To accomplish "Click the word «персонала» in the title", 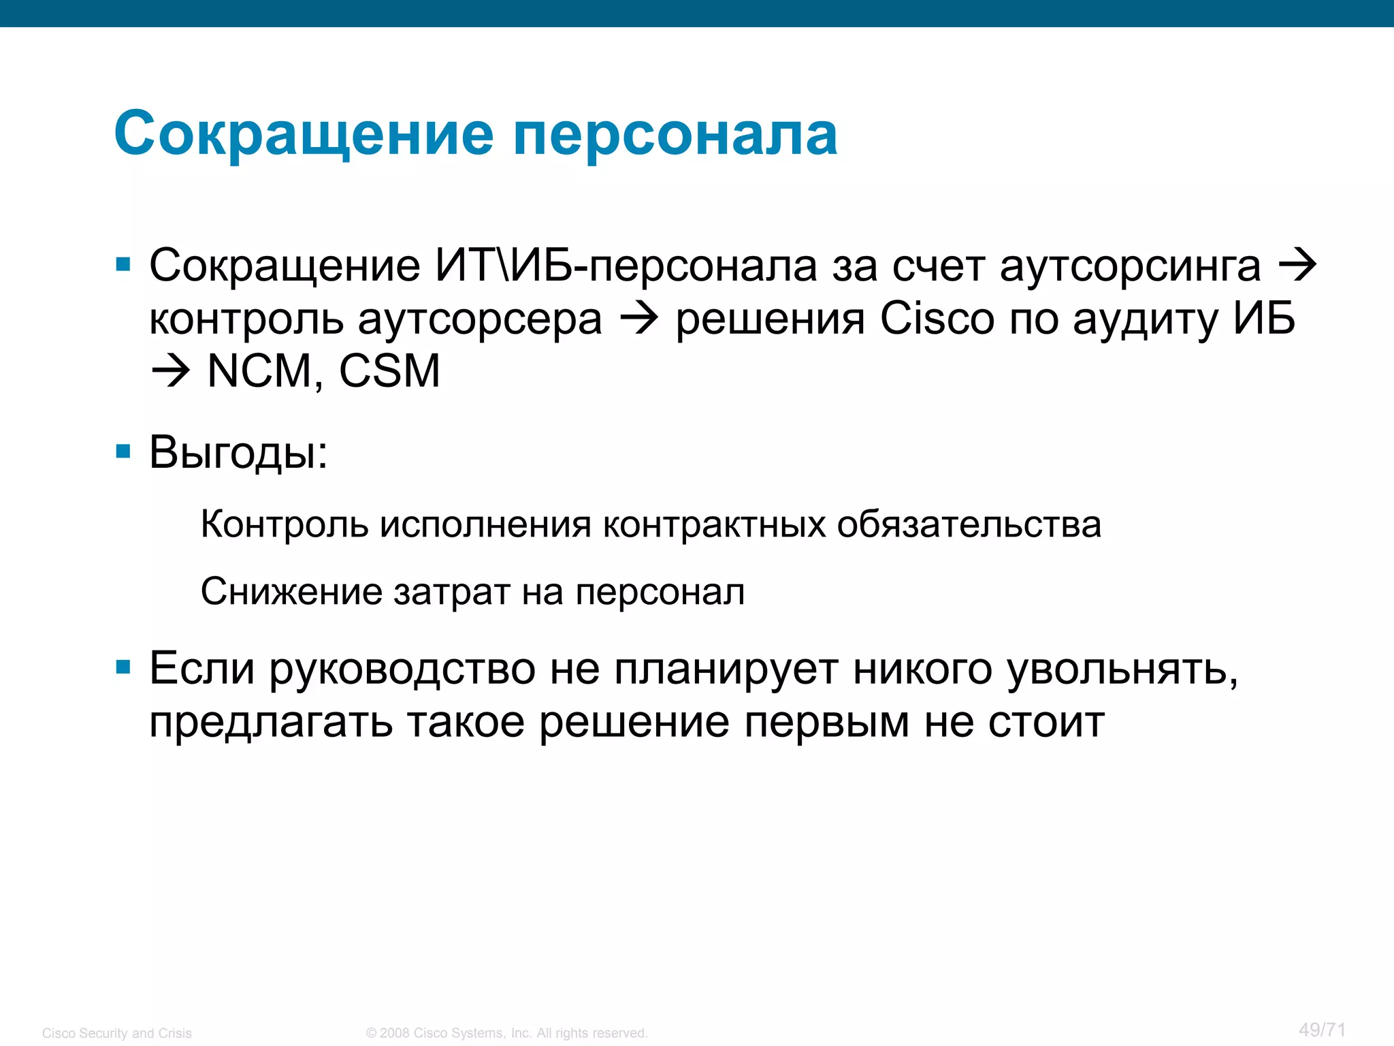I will [675, 135].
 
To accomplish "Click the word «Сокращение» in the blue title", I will [304, 135].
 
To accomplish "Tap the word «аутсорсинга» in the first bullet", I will [1130, 266].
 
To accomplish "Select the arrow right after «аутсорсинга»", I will [1298, 266].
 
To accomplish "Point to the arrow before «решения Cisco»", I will [638, 319].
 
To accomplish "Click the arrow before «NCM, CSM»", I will [170, 372].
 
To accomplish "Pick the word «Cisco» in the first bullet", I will [937, 319].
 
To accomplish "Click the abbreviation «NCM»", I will [259, 372].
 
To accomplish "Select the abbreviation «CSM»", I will [389, 372].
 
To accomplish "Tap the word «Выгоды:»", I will [238, 452].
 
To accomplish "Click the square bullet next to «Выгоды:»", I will [123, 451].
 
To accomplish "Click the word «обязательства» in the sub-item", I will [969, 525].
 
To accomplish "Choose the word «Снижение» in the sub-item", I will [291, 592].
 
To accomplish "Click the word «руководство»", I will [402, 669].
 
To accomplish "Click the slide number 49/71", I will [1322, 1030].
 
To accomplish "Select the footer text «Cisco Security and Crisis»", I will [117, 1033].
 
